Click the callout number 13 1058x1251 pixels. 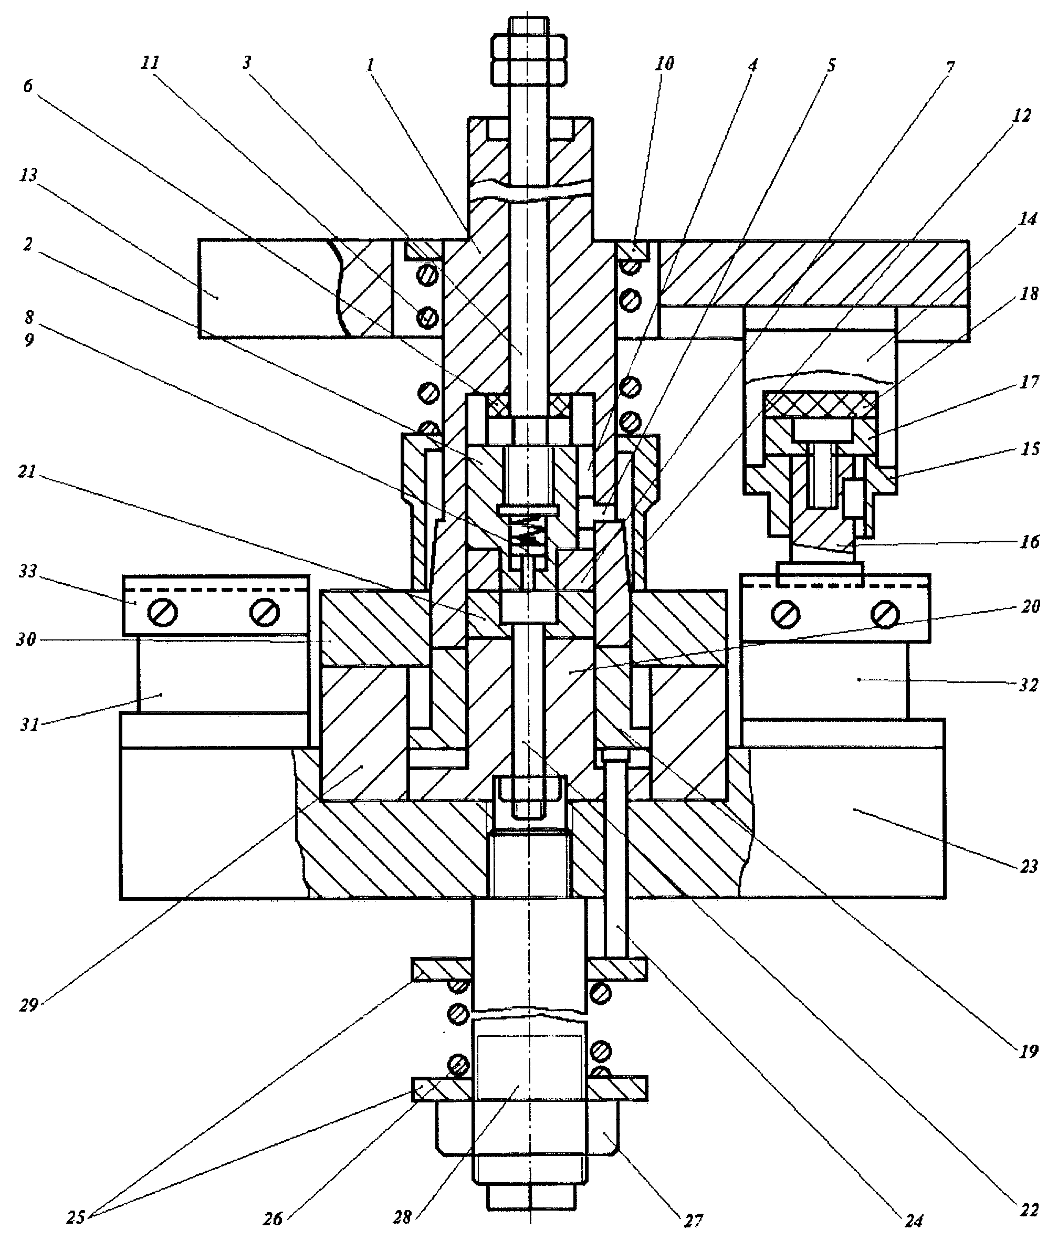click(x=28, y=175)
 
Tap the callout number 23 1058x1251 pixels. click(x=1028, y=866)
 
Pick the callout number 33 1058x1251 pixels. click(x=28, y=571)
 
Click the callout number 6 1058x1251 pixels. click(x=28, y=86)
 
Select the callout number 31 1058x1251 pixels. click(x=29, y=724)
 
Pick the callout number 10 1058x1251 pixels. click(x=664, y=63)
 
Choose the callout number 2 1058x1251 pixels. click(x=28, y=244)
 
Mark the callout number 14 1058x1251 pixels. click(x=1028, y=219)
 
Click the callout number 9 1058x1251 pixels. click(x=29, y=340)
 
